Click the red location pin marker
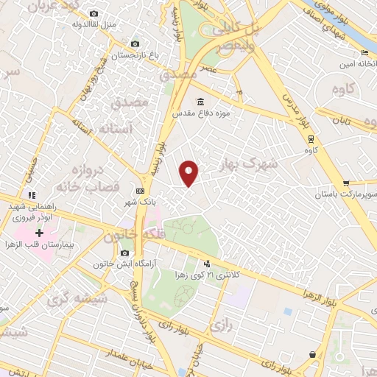(189, 172)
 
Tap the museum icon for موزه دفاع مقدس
(200, 102)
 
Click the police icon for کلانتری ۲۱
(207, 263)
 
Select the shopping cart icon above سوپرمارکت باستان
(346, 183)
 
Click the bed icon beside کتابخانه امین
(364, 53)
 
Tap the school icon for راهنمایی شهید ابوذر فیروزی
(32, 195)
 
